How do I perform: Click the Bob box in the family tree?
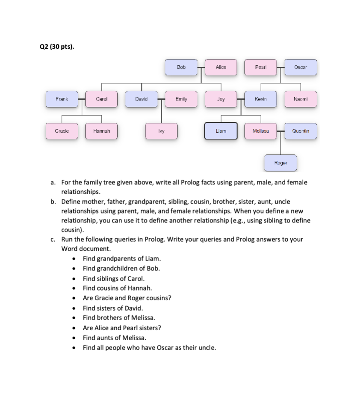pyautogui.click(x=181, y=67)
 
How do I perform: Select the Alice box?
pyautogui.click(x=221, y=67)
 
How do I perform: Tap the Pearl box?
pyautogui.click(x=260, y=67)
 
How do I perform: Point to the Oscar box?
pyautogui.click(x=300, y=67)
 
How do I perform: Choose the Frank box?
pyautogui.click(x=62, y=99)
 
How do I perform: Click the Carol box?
pyautogui.click(x=102, y=99)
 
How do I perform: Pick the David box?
pyautogui.click(x=142, y=99)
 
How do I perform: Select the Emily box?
pyautogui.click(x=181, y=99)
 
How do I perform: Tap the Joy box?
pyautogui.click(x=221, y=99)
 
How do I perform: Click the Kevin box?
pyautogui.click(x=260, y=99)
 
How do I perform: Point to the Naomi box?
pyautogui.click(x=300, y=99)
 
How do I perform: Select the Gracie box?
pyautogui.click(x=62, y=130)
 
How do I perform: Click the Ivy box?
pyautogui.click(x=161, y=130)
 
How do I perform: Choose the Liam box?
pyautogui.click(x=221, y=130)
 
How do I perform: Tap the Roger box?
pyautogui.click(x=280, y=163)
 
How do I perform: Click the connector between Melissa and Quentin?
pyautogui.click(x=280, y=130)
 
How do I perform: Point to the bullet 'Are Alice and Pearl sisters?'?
pyautogui.click(x=122, y=328)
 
